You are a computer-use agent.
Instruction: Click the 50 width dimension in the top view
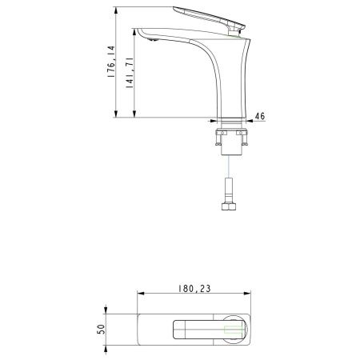[102, 330]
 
